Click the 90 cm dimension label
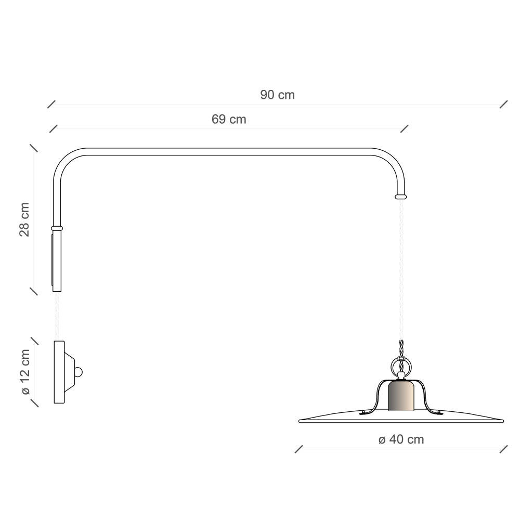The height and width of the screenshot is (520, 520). click(x=277, y=95)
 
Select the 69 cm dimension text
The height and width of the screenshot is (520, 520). click(x=229, y=119)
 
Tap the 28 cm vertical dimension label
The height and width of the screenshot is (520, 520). click(x=24, y=219)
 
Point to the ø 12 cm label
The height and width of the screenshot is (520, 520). click(x=24, y=372)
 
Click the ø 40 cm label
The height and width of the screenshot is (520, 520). click(x=401, y=440)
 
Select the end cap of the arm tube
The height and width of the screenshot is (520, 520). click(x=401, y=197)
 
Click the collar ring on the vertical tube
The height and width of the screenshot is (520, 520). click(x=57, y=228)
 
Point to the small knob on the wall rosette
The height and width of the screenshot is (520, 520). click(x=79, y=372)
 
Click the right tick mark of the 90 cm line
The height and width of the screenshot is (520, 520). click(x=503, y=104)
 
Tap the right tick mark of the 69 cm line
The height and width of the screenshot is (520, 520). click(x=404, y=128)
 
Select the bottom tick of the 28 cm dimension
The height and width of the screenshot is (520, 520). click(x=34, y=291)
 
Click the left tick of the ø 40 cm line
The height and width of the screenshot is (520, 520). click(x=298, y=449)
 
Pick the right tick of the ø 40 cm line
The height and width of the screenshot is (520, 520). click(x=503, y=449)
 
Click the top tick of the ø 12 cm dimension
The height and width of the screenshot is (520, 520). click(x=35, y=341)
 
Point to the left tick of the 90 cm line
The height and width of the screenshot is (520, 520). click(x=51, y=104)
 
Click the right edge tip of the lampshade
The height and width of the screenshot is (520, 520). click(x=502, y=420)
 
